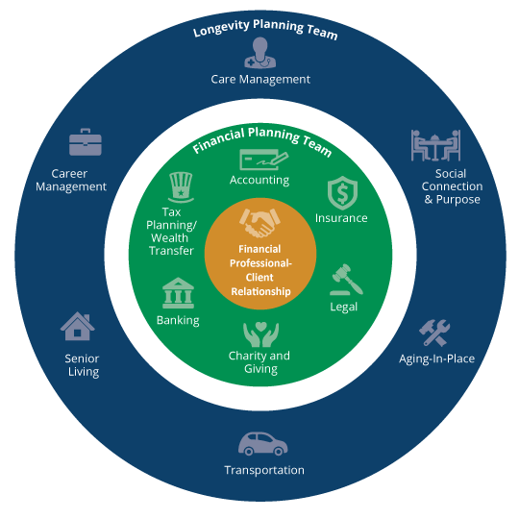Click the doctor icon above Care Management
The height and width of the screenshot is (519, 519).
click(x=259, y=53)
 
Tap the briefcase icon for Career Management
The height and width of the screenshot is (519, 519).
click(x=86, y=142)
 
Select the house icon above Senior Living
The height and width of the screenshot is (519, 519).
click(x=78, y=326)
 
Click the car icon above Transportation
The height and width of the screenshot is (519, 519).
click(x=262, y=444)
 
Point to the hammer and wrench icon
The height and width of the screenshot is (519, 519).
click(x=434, y=333)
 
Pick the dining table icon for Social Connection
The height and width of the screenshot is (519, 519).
click(x=435, y=145)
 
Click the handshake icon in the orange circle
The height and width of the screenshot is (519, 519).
click(x=259, y=223)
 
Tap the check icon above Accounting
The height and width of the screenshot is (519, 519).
click(x=263, y=161)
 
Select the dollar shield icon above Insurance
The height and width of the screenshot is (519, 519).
click(x=342, y=193)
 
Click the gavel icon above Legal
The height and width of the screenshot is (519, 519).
click(x=346, y=280)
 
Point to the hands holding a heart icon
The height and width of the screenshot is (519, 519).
click(x=260, y=334)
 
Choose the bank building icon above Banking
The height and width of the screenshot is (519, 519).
click(x=178, y=293)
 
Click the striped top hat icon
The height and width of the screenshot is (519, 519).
click(x=181, y=187)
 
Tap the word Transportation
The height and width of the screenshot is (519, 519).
click(x=264, y=470)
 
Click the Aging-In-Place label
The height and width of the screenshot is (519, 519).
click(x=436, y=359)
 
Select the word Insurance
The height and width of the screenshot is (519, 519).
click(x=341, y=218)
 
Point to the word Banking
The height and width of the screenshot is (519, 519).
click(x=178, y=321)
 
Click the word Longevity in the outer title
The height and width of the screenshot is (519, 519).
click(x=221, y=28)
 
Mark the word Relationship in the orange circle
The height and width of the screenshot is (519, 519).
click(x=260, y=291)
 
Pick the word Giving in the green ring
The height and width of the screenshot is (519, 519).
click(x=260, y=369)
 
